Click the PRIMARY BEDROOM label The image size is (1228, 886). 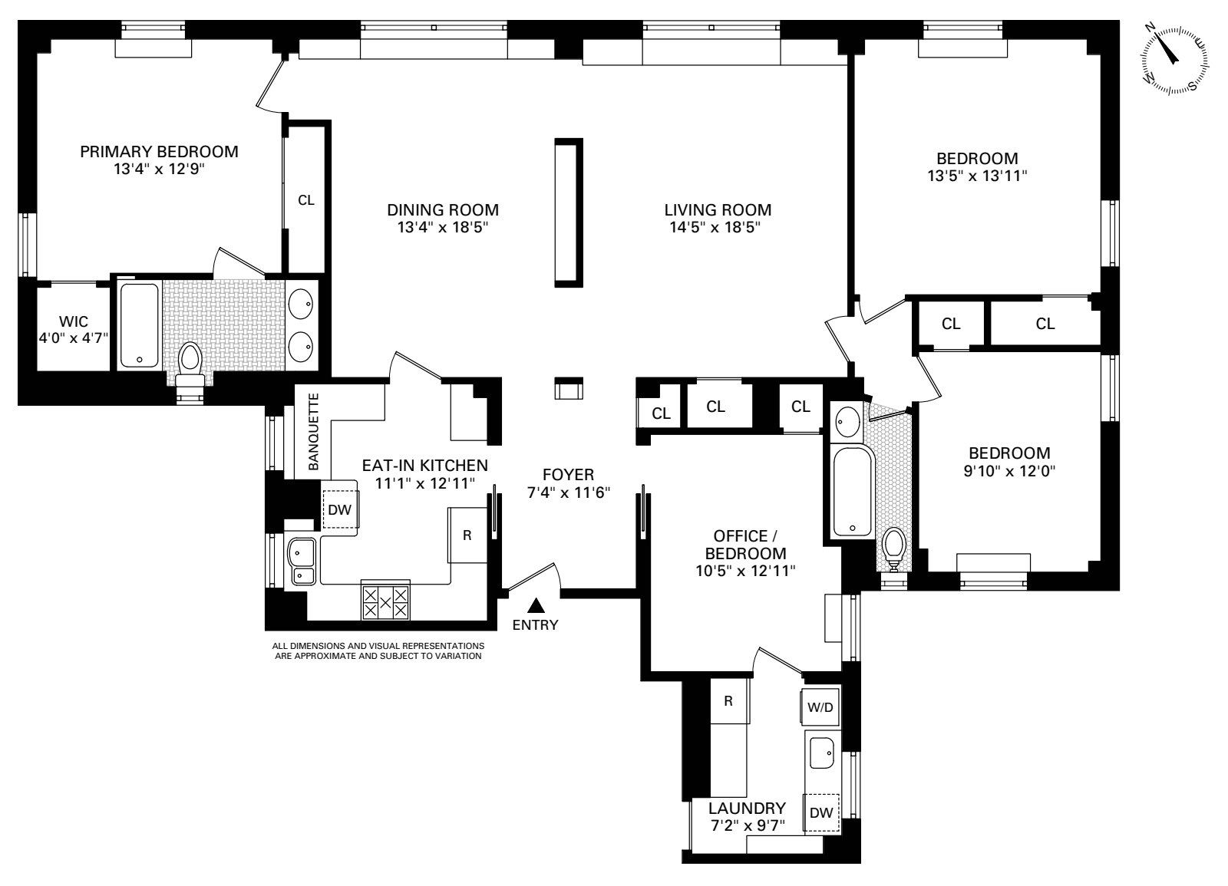tap(159, 151)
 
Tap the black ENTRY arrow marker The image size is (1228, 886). tap(536, 605)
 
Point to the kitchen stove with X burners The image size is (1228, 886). tap(385, 601)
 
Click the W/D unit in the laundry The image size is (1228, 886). tap(820, 706)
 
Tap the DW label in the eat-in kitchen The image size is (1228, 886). tap(339, 509)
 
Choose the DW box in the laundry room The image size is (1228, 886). tap(821, 812)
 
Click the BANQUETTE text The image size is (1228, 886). tap(314, 432)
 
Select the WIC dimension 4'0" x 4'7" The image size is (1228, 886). tap(74, 338)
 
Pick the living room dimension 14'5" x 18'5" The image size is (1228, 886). tap(715, 227)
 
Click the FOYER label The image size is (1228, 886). tap(568, 475)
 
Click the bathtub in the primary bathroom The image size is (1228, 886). tap(139, 325)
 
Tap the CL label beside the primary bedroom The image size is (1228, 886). tap(306, 200)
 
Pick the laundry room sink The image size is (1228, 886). tap(822, 753)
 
